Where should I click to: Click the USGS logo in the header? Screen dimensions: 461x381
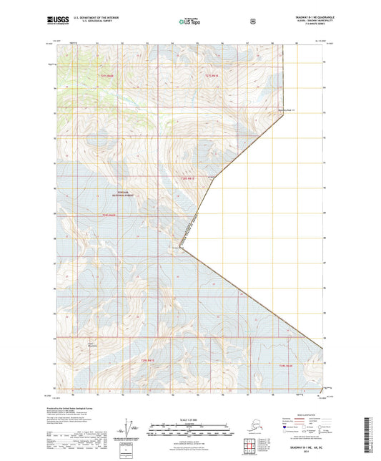click(58, 21)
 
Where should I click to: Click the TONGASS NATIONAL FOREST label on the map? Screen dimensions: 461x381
click(125, 193)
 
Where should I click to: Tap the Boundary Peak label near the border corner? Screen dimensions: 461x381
click(286, 110)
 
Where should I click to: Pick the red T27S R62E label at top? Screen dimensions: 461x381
click(211, 75)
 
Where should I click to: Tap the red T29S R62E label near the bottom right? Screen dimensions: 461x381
click(286, 365)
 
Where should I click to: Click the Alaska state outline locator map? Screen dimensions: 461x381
click(247, 431)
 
